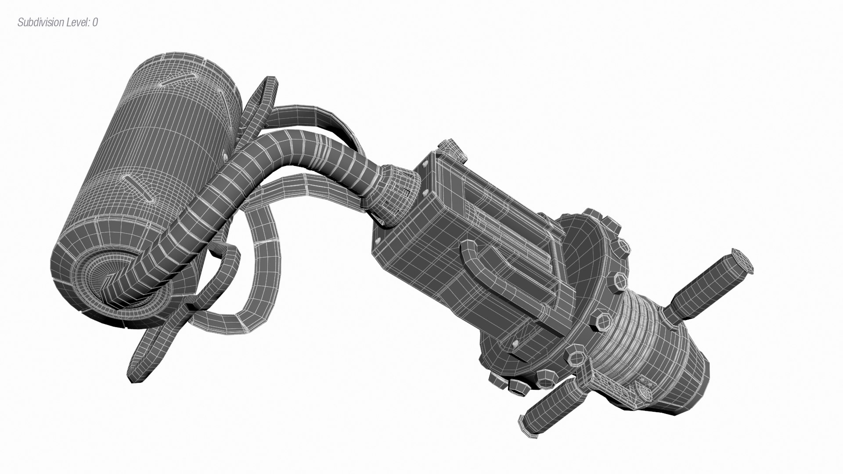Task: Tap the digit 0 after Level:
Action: [95, 22]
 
